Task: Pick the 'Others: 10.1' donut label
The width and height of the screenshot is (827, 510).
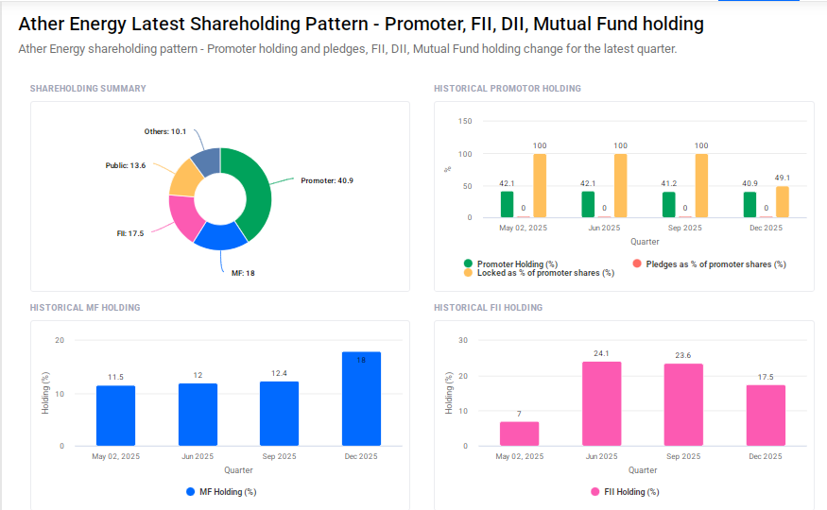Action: point(165,131)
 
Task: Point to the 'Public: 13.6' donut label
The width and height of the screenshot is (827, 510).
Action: point(126,165)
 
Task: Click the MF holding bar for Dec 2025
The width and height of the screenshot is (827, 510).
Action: point(361,399)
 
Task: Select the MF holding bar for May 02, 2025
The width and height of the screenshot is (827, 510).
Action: point(115,416)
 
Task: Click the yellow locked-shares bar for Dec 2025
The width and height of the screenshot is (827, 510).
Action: point(783,202)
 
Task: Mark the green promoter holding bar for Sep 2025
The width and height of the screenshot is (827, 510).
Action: point(669,205)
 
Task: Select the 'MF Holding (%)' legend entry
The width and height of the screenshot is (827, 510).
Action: point(227,492)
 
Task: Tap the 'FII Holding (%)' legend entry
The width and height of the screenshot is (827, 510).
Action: point(630,492)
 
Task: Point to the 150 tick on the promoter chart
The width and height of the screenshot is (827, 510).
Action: point(465,122)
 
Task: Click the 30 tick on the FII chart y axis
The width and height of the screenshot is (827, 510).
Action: point(463,340)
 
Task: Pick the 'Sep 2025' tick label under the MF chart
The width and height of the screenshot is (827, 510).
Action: point(279,457)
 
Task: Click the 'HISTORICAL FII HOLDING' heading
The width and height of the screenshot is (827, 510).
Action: point(488,308)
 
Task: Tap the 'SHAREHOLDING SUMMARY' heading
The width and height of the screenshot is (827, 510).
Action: point(88,89)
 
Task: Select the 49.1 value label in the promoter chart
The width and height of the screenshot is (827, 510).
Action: point(783,178)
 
